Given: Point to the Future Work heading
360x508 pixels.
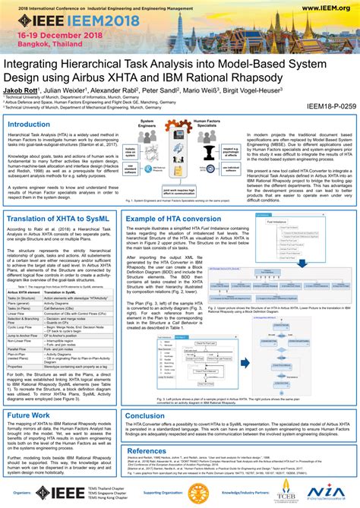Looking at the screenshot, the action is click(x=30, y=415).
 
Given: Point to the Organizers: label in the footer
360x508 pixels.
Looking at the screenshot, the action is click(x=21, y=493).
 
